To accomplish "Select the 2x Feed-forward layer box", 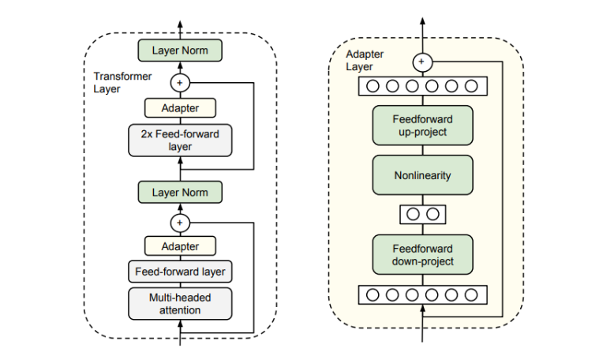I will click(180, 140).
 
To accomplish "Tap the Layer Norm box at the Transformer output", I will click(180, 51).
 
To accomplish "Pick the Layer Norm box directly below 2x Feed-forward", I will click(180, 192).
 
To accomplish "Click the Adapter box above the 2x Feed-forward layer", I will click(180, 107).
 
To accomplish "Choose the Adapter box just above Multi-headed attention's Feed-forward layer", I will click(180, 246).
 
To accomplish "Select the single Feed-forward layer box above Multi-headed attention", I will click(180, 272).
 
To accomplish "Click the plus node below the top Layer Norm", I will click(180, 81).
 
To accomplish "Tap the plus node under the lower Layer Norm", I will click(180, 222).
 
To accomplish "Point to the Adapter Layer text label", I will click(364, 61).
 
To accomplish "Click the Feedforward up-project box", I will click(422, 125).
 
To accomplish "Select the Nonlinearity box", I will click(422, 175).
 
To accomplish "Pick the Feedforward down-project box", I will click(422, 254).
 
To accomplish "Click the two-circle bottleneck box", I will click(422, 214).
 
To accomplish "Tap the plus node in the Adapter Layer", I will click(422, 61).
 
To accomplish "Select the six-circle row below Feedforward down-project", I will click(422, 295).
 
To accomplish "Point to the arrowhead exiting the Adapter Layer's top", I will click(422, 21).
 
